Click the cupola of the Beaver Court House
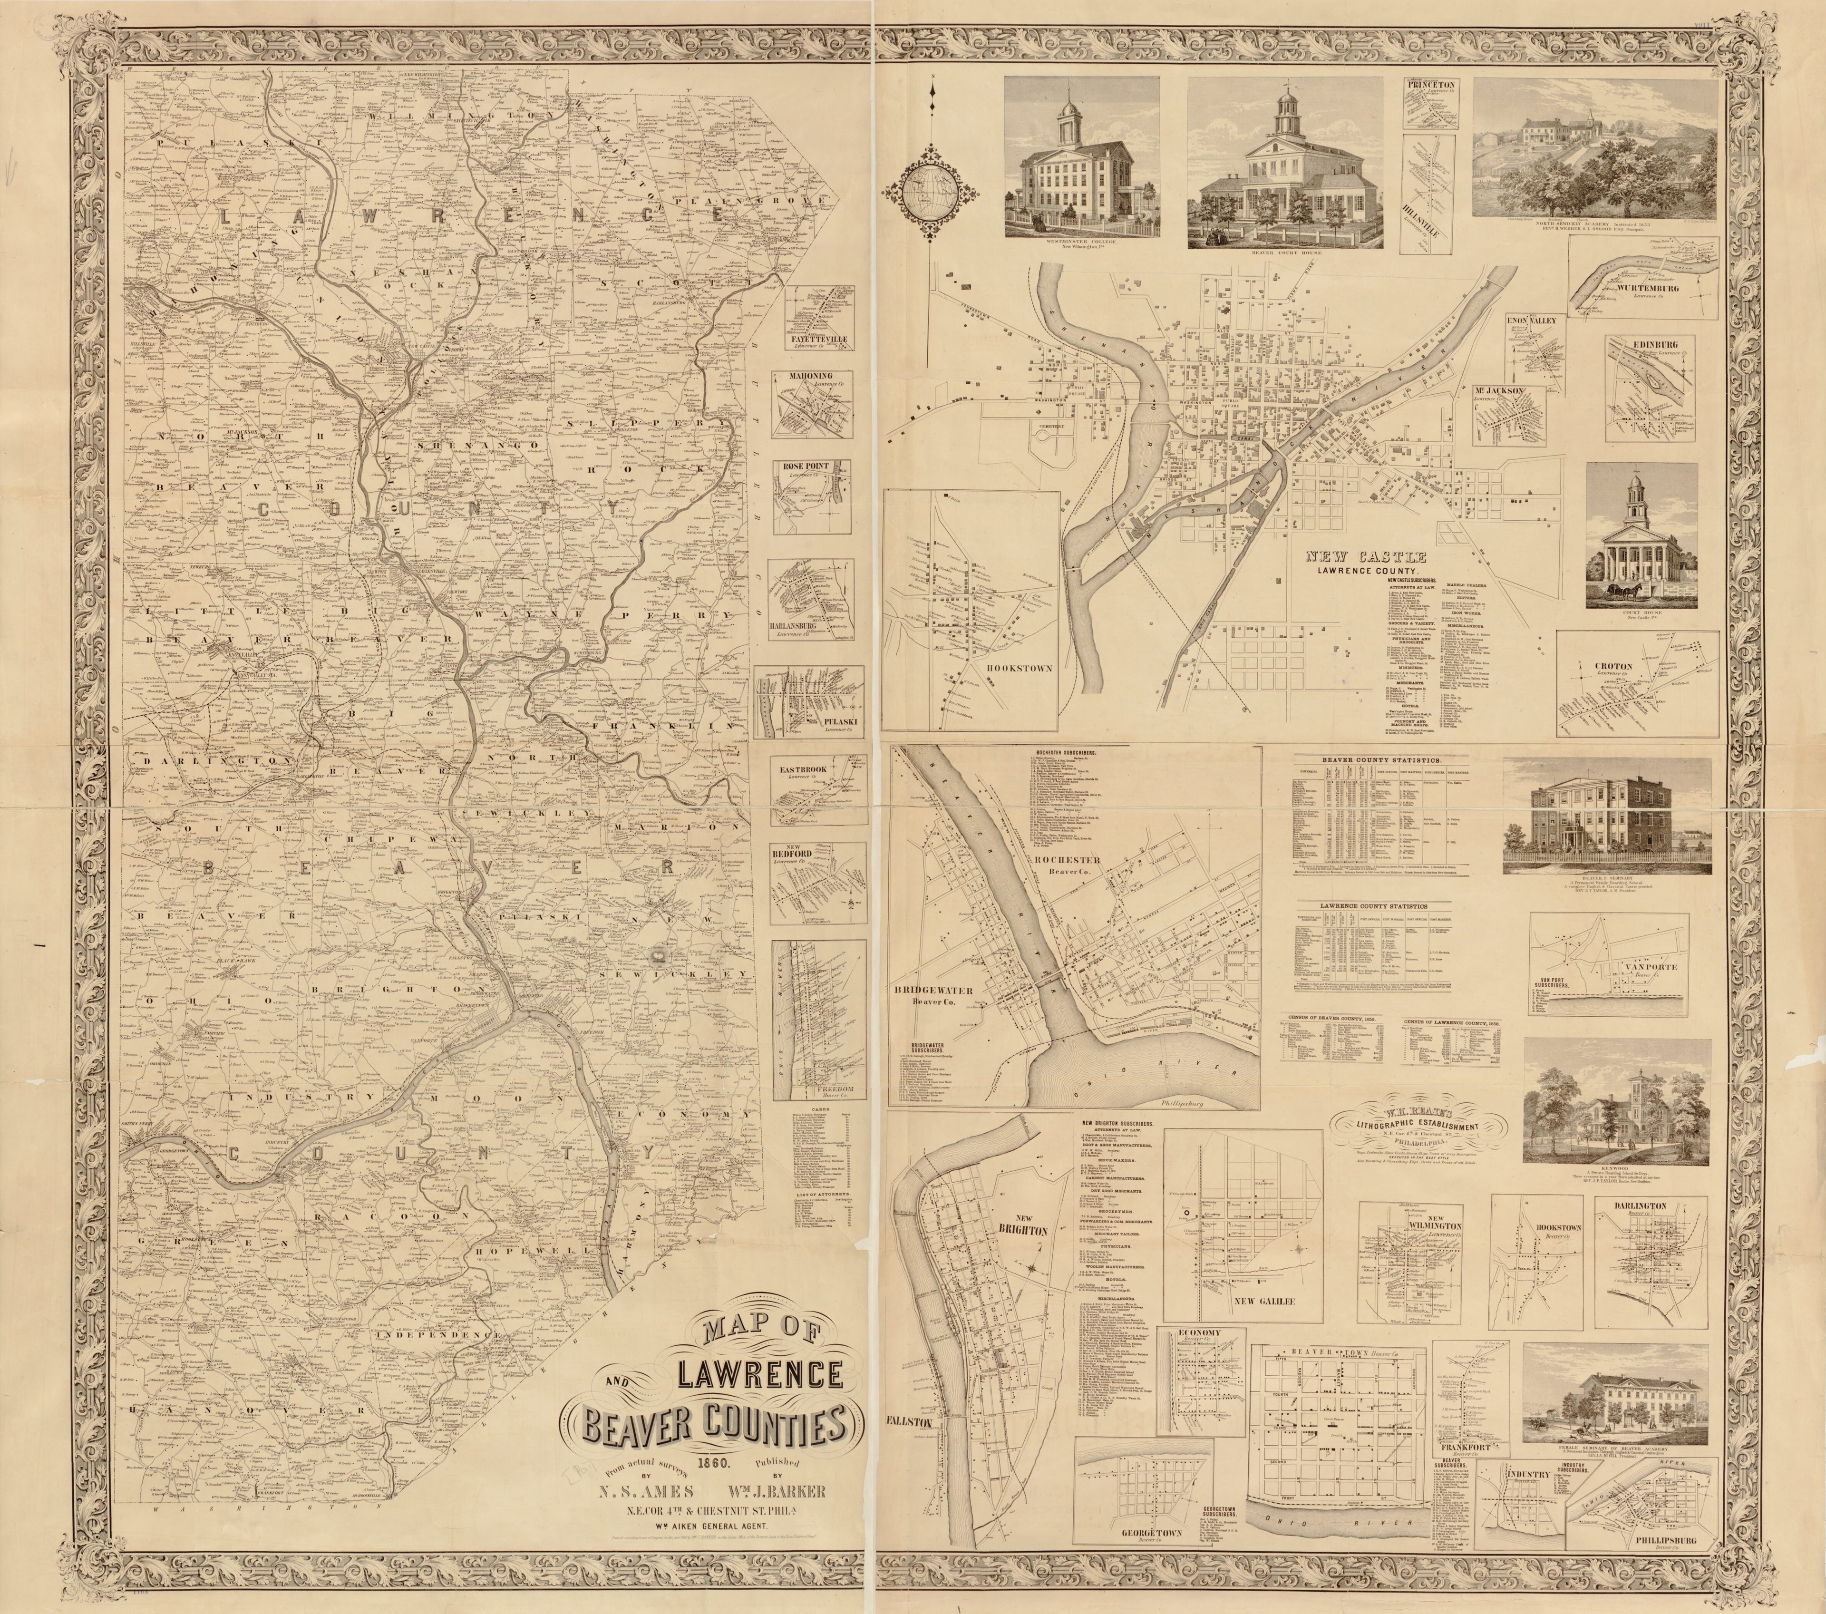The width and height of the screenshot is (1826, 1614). pyautogui.click(x=1286, y=109)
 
